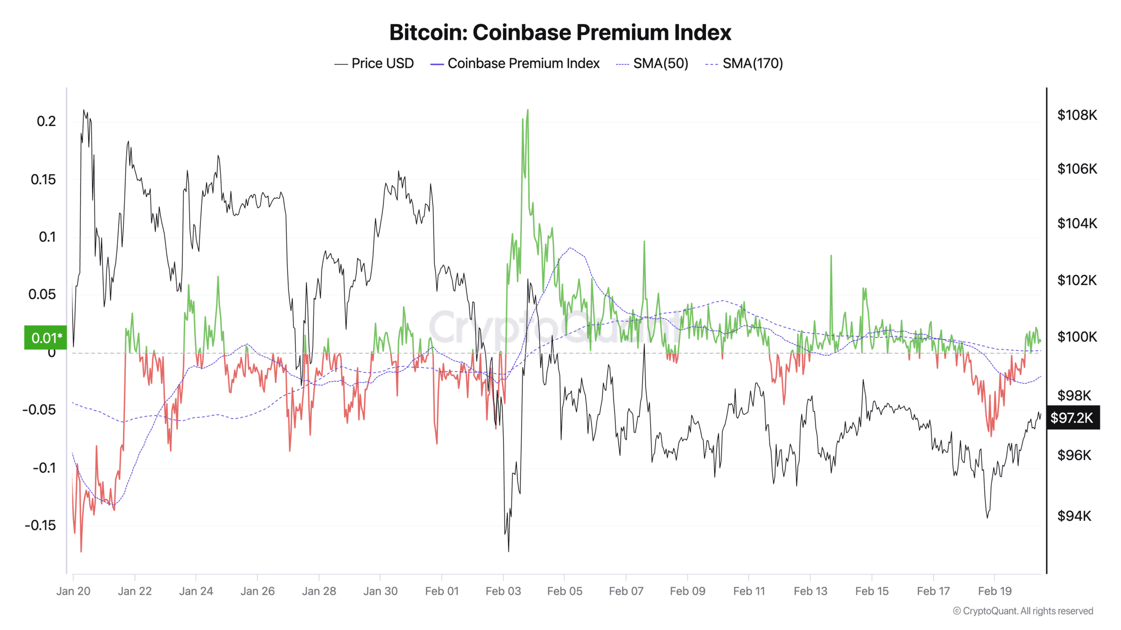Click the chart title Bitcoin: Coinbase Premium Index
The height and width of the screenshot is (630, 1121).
tap(560, 32)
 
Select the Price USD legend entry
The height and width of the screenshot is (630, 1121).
tap(374, 63)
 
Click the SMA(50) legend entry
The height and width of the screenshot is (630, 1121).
tap(652, 63)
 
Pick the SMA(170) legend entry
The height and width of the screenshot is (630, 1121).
tap(744, 63)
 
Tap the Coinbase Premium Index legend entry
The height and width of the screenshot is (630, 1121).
tap(515, 63)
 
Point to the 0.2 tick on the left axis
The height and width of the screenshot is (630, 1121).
tap(46, 121)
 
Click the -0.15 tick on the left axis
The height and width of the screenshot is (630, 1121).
tap(40, 525)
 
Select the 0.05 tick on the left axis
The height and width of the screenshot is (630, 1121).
tap(42, 294)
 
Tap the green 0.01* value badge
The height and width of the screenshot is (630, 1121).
tap(46, 338)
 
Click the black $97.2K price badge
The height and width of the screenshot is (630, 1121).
tap(1072, 417)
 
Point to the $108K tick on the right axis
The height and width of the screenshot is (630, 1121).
tap(1077, 115)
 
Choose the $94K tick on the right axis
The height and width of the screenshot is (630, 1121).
tap(1074, 516)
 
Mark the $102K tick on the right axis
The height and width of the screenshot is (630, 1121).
tap(1077, 280)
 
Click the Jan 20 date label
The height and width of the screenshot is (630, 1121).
tap(73, 591)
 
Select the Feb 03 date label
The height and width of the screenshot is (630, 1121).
tap(503, 591)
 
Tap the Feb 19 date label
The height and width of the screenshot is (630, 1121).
tap(994, 591)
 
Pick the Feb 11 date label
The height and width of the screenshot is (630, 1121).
tap(749, 591)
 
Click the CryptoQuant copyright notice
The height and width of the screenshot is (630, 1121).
tap(1023, 611)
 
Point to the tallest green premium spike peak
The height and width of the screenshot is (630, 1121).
tap(528, 110)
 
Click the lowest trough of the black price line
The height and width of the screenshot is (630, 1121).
tap(508, 551)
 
